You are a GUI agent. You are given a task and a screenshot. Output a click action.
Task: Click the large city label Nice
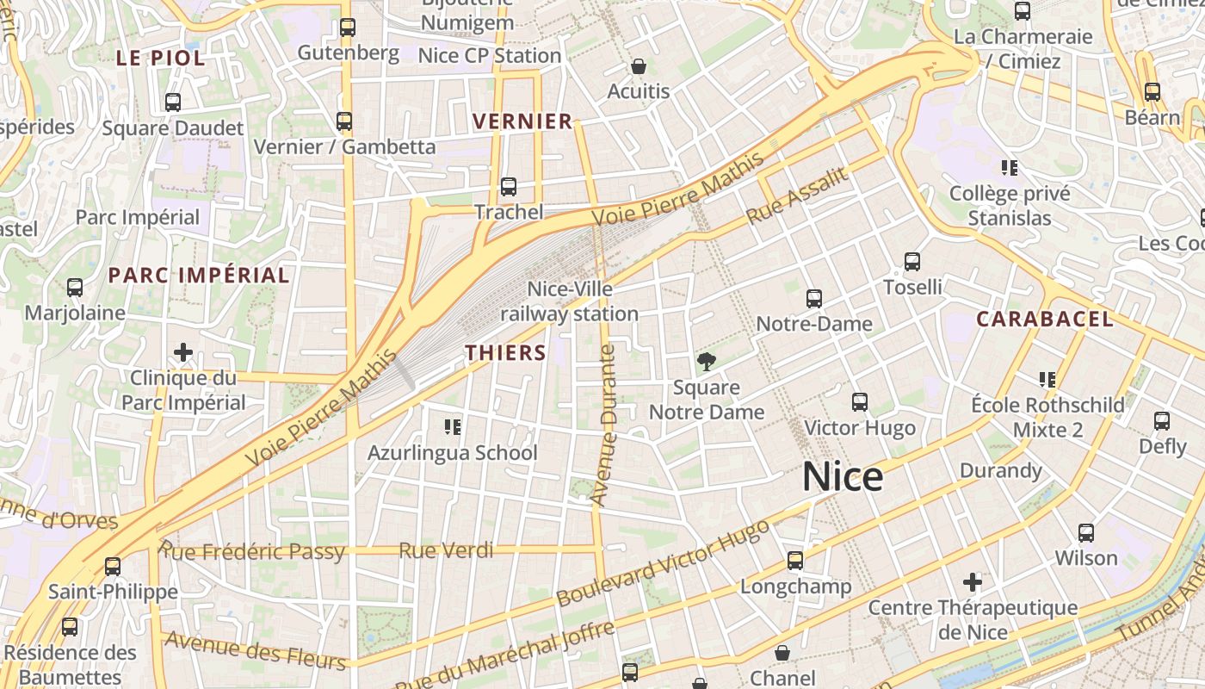[x=843, y=477]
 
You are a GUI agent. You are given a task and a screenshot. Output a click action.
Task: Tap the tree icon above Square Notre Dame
[x=707, y=362]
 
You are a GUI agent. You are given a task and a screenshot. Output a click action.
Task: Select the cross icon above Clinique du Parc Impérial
[x=182, y=352]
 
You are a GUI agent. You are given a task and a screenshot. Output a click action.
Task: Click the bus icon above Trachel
[x=509, y=187]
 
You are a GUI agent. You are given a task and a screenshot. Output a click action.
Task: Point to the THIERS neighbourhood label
[x=506, y=352]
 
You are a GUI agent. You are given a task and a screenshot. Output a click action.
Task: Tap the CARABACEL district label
[x=1044, y=320]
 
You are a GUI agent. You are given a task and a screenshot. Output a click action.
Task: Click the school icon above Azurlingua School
[x=453, y=427]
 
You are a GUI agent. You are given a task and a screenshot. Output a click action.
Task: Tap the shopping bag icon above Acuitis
[x=639, y=66]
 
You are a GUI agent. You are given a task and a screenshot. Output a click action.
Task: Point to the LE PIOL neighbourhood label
[x=161, y=59]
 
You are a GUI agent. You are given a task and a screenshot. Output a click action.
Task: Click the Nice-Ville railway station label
[x=570, y=301]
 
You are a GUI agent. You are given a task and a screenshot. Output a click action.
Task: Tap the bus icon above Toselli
[x=912, y=262]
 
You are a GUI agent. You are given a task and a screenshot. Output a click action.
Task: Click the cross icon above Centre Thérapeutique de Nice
[x=973, y=582]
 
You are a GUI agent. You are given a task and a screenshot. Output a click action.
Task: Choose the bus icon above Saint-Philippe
[x=113, y=567]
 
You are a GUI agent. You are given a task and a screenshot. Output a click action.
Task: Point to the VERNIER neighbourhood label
[x=523, y=121]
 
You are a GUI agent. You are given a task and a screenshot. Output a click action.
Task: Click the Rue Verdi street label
[x=446, y=550]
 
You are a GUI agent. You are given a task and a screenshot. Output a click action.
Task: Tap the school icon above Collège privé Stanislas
[x=1010, y=168]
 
